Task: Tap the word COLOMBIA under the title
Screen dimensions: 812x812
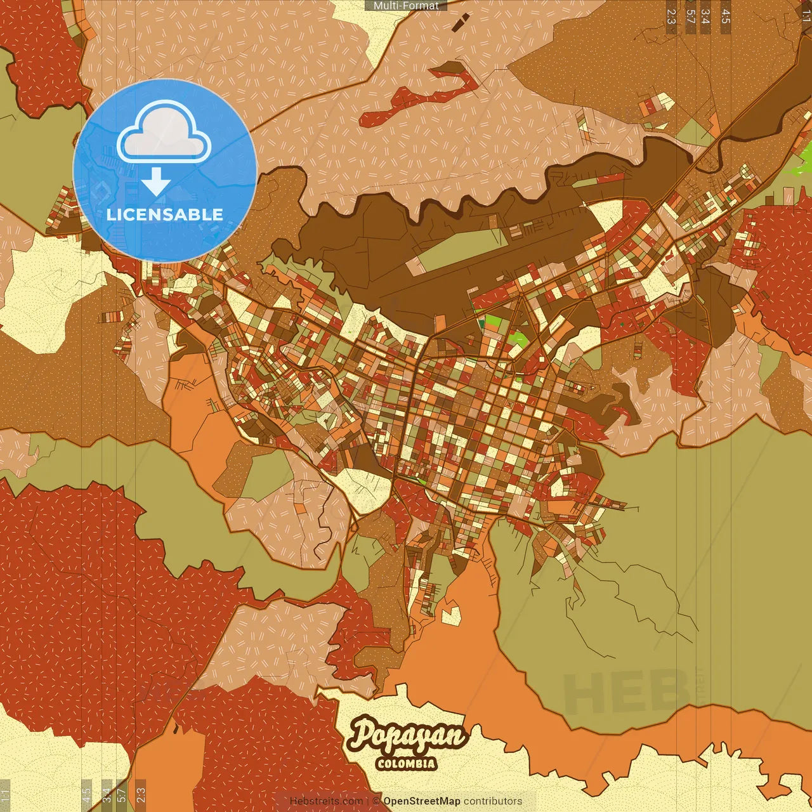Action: [x=406, y=763]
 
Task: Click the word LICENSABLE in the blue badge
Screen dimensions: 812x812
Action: [x=165, y=214]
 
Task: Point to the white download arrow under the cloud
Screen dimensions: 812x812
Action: [x=155, y=182]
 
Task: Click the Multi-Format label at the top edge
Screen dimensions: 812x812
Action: [x=406, y=6]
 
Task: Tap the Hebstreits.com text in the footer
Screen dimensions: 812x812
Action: [x=326, y=801]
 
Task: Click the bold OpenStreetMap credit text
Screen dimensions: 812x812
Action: [x=422, y=801]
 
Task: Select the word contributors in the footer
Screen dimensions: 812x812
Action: [x=493, y=801]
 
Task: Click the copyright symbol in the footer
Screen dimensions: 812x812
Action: [x=376, y=801]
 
